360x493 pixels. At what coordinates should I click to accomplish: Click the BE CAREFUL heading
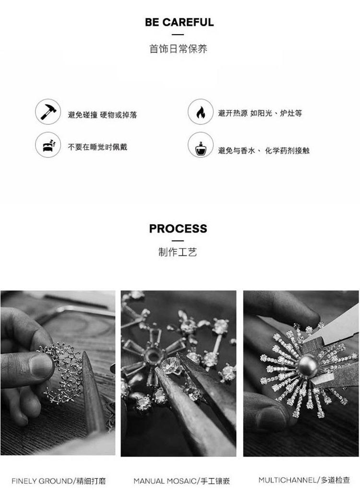(x=179, y=22)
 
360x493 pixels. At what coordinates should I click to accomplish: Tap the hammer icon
(x=48, y=112)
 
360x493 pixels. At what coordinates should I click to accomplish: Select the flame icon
(x=201, y=112)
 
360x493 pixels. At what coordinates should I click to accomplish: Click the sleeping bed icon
(x=48, y=145)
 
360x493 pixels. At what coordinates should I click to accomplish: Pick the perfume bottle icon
(x=201, y=145)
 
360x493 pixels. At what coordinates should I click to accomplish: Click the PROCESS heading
(x=178, y=228)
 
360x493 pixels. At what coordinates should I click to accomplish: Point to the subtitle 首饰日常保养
(x=178, y=49)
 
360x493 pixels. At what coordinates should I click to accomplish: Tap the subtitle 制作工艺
(x=178, y=252)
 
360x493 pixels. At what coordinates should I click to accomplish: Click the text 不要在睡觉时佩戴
(x=97, y=147)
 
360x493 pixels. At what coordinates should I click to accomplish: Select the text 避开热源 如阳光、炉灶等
(x=260, y=113)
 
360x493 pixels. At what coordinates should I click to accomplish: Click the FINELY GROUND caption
(x=59, y=481)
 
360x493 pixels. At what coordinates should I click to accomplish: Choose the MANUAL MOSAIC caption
(x=182, y=481)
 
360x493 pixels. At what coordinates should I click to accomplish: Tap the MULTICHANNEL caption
(x=304, y=480)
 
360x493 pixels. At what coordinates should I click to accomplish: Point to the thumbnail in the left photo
(x=41, y=365)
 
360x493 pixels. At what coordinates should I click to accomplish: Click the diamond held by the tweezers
(x=170, y=365)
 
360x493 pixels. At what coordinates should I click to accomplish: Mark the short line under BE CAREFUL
(x=178, y=35)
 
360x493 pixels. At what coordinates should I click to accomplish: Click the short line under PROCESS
(x=178, y=241)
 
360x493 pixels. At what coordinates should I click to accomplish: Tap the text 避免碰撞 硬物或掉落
(x=103, y=115)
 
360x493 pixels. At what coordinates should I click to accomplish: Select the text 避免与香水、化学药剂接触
(x=264, y=151)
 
